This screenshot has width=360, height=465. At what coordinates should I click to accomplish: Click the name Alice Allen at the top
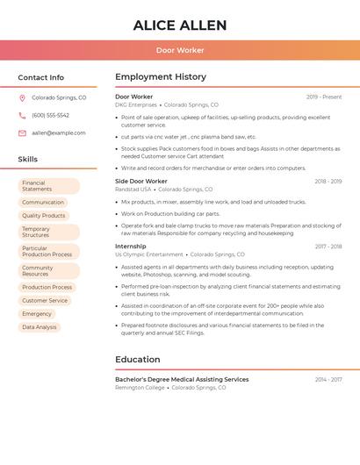click(179, 25)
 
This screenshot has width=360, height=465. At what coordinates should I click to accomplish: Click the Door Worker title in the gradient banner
click(179, 50)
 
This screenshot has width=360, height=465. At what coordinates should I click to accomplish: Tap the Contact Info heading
click(40, 77)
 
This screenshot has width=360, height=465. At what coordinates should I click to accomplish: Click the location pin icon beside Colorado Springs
click(22, 97)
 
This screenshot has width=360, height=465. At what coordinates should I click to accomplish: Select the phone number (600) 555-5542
click(50, 115)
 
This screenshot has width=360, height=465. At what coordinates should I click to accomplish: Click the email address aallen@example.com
click(58, 132)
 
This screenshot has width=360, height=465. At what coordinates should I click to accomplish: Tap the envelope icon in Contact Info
click(22, 132)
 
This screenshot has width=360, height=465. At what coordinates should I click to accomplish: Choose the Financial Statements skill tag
click(48, 186)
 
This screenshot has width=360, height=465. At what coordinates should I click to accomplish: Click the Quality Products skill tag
click(43, 215)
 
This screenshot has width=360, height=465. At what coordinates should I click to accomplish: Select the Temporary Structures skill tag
click(48, 232)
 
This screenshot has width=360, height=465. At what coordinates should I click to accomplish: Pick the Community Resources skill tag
click(48, 270)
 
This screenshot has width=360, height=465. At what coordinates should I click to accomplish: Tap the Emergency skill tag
click(37, 313)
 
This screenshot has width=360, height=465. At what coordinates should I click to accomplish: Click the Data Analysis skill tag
click(39, 327)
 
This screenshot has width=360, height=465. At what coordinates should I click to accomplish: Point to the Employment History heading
click(161, 77)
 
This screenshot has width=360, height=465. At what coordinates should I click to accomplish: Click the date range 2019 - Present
click(324, 97)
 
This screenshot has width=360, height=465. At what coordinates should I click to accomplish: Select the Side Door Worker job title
click(140, 181)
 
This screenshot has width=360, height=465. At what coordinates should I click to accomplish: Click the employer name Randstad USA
click(133, 190)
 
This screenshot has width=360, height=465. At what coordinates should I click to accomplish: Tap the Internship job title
click(130, 247)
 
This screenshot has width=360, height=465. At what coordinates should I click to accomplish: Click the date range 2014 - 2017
click(328, 380)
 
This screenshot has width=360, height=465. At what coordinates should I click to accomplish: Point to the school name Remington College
click(140, 388)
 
